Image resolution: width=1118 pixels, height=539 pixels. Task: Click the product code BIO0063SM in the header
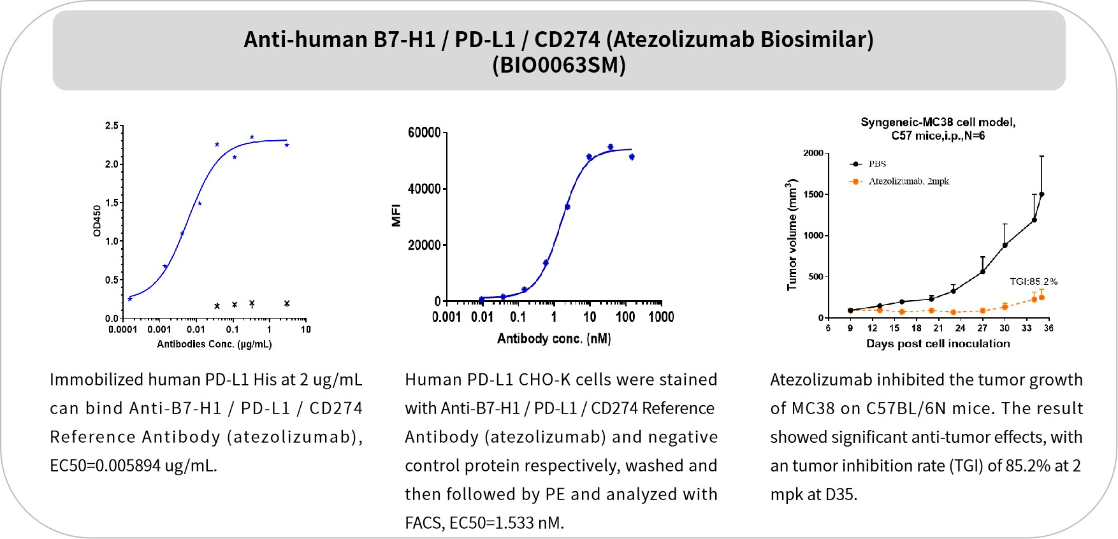[558, 66]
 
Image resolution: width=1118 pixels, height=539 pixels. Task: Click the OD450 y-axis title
[97, 221]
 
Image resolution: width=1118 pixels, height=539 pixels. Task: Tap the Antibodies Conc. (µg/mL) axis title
[214, 345]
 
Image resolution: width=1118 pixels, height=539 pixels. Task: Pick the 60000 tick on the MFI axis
[423, 133]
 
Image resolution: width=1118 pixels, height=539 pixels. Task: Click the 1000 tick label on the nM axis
[661, 317]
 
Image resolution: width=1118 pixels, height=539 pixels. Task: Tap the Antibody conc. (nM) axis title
[554, 338]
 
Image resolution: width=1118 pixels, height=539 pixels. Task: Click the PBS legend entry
[877, 164]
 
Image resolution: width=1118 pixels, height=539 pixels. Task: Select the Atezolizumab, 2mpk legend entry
[908, 182]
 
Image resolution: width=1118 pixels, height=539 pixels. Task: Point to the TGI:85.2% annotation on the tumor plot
[1033, 281]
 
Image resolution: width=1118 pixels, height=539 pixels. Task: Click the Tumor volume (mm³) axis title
[792, 236]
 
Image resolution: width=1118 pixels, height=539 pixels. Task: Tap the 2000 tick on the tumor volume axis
[813, 154]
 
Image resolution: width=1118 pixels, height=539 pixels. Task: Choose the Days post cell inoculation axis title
[938, 344]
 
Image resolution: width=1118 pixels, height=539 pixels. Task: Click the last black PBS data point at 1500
[1042, 194]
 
